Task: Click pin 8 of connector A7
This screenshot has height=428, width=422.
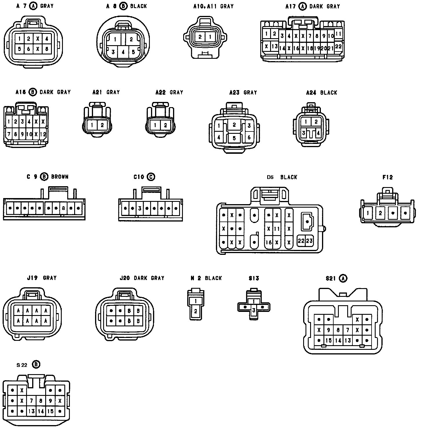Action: (x=46, y=49)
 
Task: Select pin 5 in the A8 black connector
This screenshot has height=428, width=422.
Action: (x=133, y=52)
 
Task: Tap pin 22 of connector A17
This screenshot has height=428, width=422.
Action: (x=338, y=46)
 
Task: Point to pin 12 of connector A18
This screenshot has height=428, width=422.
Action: (x=43, y=134)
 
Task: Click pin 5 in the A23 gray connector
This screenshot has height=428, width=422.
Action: (x=234, y=138)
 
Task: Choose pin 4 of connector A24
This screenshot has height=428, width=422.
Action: (x=319, y=133)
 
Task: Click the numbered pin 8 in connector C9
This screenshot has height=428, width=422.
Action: (x=63, y=208)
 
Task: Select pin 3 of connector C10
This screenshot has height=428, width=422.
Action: (x=140, y=208)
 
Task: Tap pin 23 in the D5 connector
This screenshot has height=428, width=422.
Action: (x=309, y=241)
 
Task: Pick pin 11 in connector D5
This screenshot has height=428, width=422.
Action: (x=277, y=229)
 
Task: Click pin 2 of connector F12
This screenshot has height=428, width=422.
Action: (x=380, y=213)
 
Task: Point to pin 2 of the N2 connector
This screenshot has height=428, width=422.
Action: (x=196, y=312)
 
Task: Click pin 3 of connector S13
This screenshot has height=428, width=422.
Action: (x=254, y=310)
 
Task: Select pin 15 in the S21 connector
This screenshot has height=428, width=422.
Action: (x=328, y=341)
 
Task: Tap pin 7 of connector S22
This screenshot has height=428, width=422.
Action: (x=31, y=401)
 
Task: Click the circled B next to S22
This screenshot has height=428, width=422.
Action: (x=36, y=364)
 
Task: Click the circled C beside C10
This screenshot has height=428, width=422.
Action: (x=151, y=177)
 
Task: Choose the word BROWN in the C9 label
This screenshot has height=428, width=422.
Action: (x=60, y=177)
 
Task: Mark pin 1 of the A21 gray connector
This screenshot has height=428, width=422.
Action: (x=92, y=125)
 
